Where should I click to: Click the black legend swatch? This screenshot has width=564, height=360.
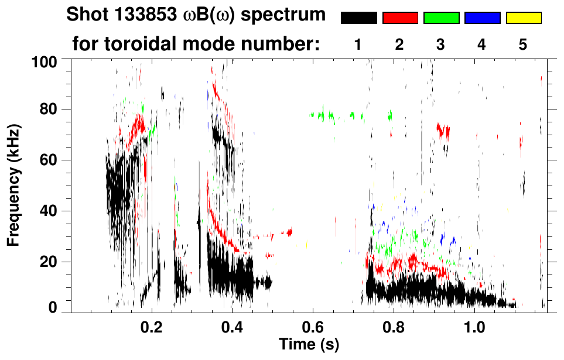pos(359,18)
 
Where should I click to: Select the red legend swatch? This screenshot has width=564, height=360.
pos(400,18)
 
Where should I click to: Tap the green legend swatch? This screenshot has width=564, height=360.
pos(441,18)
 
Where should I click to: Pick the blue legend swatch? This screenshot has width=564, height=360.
pos(482,18)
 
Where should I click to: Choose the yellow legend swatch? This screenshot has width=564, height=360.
pos(524,18)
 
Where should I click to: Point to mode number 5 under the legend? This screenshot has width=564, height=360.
pos(523,45)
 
